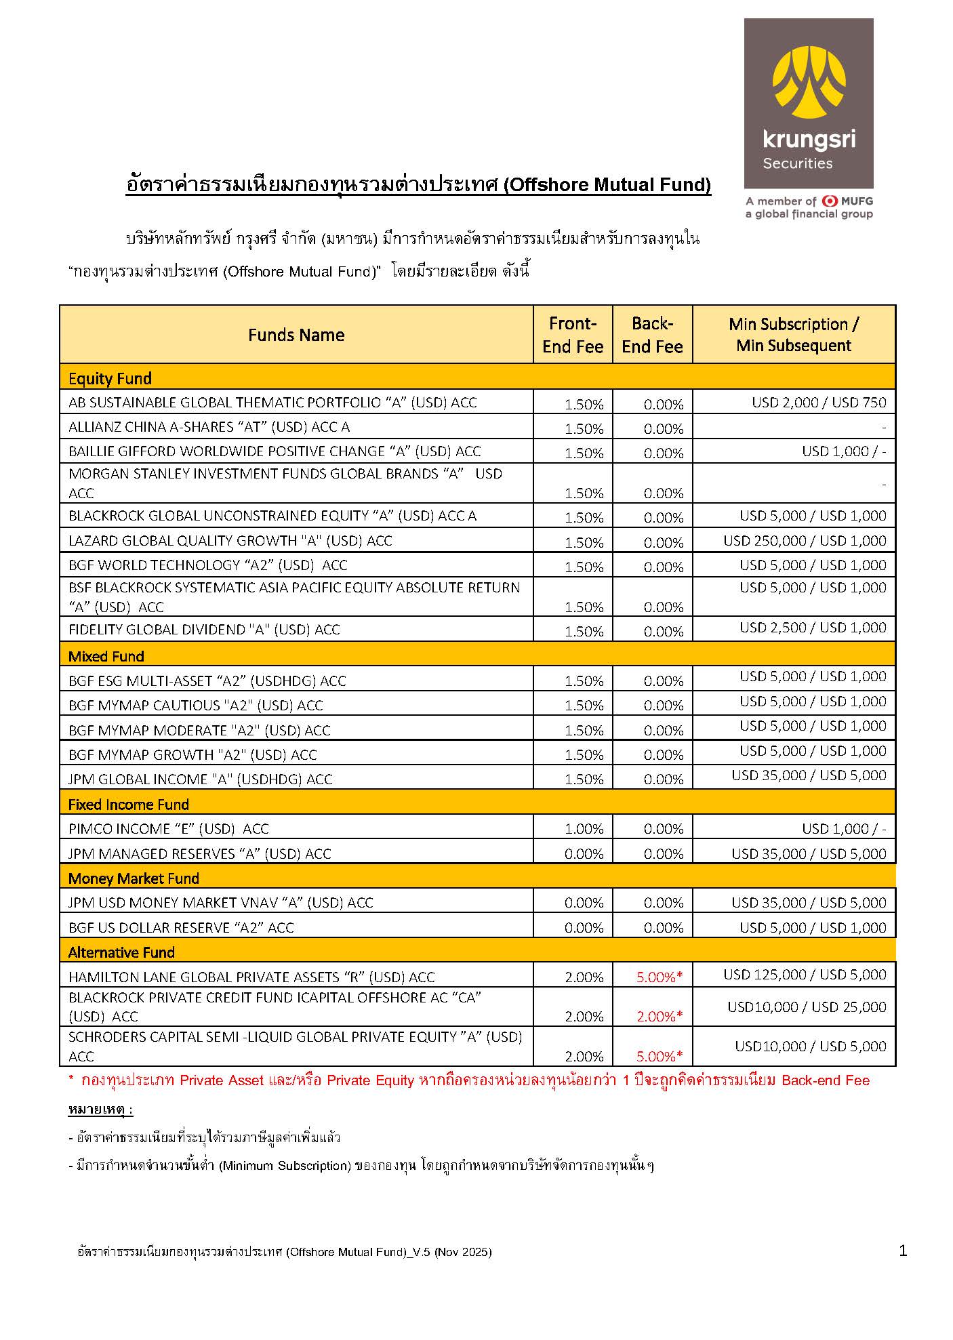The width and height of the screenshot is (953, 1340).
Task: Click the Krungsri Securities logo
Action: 808,103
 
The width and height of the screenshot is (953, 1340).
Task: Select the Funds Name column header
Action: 296,335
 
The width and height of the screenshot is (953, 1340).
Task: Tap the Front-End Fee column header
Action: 572,335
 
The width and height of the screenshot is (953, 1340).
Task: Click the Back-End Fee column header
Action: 652,335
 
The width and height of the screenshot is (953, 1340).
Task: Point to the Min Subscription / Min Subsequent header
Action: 793,335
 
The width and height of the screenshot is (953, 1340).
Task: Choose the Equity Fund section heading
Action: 110,378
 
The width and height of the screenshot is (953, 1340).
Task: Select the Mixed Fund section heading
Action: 106,656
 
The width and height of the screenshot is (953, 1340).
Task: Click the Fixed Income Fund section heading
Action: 129,805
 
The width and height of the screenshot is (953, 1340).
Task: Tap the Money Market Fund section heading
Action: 134,878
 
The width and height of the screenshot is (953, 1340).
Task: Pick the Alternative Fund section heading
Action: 121,952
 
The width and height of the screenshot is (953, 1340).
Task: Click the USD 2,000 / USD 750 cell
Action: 818,403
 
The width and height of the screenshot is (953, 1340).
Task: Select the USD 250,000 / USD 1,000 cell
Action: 805,541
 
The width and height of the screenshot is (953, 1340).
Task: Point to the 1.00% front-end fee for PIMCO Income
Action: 584,829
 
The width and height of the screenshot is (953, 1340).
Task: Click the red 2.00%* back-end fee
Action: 659,1016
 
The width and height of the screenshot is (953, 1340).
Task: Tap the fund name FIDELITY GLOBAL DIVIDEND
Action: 204,630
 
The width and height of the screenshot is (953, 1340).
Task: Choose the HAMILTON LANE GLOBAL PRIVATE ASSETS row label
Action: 251,977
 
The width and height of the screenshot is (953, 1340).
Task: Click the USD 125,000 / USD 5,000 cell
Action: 805,975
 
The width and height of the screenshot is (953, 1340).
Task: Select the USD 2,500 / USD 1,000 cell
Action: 813,628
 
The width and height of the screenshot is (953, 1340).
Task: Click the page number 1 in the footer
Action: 902,1251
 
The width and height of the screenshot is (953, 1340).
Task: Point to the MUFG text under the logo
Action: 856,201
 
